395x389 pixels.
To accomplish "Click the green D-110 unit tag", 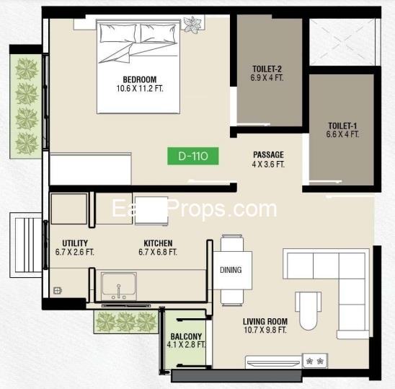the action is (x=193, y=156).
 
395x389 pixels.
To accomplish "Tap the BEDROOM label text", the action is (x=140, y=79).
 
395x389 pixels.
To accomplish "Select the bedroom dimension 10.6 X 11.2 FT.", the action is (x=140, y=89).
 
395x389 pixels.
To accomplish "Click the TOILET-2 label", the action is (x=267, y=69).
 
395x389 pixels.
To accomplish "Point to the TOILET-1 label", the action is (x=342, y=126).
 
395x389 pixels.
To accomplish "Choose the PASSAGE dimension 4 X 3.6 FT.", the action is (x=268, y=165).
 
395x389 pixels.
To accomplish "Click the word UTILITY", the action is (x=75, y=243).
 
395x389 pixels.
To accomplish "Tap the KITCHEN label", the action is (x=158, y=243).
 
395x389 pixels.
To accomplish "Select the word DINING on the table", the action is (x=231, y=270).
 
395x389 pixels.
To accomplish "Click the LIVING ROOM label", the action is (x=265, y=321).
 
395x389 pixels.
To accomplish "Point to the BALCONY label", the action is (x=186, y=336).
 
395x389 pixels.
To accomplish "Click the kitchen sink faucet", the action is (x=118, y=292).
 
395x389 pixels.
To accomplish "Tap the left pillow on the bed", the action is (x=117, y=32).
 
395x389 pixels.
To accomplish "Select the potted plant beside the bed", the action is (x=192, y=25).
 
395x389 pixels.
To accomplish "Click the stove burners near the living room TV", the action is (x=315, y=362).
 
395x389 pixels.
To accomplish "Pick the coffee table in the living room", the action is (x=308, y=311).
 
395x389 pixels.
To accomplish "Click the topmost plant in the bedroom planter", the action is (x=27, y=69).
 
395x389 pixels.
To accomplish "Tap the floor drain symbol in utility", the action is (x=58, y=291).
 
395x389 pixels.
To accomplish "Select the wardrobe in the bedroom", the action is (x=91, y=168).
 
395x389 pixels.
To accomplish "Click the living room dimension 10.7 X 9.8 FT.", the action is (x=265, y=330).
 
